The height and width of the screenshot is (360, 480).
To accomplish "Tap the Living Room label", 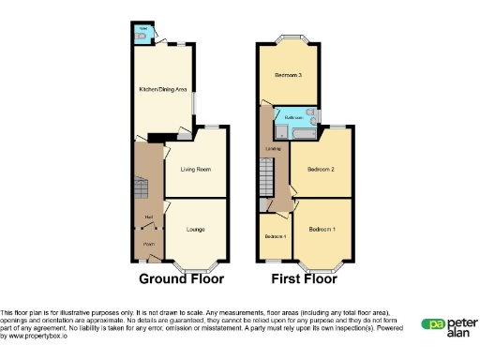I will (x=195, y=170).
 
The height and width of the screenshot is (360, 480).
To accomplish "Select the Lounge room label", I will (x=195, y=229).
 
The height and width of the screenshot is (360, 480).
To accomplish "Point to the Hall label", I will (x=149, y=218).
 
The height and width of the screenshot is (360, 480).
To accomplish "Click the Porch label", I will (x=148, y=243).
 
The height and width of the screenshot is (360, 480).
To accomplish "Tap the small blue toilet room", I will (x=142, y=35).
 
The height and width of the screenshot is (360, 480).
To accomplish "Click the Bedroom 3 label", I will (x=287, y=74).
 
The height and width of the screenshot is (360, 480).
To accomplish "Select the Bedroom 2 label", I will (x=321, y=170).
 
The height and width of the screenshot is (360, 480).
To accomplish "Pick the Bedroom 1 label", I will (x=322, y=229).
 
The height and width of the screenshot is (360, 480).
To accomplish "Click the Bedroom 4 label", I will (x=275, y=236).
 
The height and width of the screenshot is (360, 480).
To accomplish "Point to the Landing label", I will (x=273, y=148).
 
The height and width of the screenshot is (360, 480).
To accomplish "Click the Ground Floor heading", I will (x=181, y=278).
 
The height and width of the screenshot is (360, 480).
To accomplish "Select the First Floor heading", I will (x=304, y=278).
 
